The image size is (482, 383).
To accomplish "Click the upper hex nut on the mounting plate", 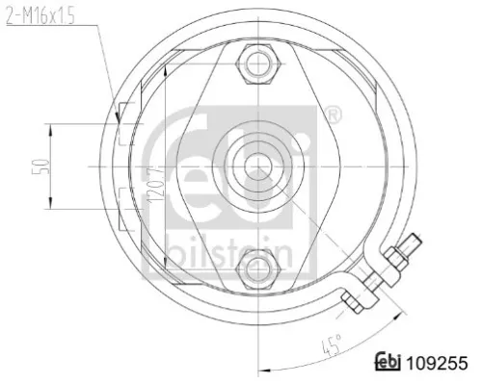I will [259, 65].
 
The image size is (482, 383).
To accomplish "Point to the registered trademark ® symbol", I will [333, 115].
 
